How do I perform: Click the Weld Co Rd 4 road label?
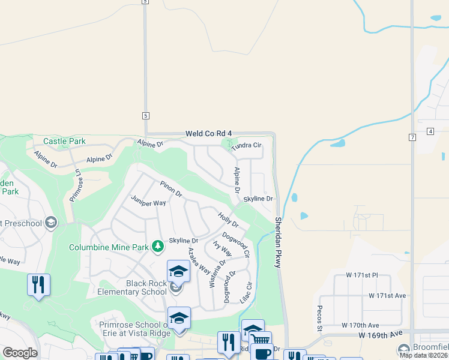[208, 133]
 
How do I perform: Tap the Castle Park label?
[64, 142]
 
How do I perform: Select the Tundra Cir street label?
[247, 145]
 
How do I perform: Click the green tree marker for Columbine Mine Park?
[158, 246]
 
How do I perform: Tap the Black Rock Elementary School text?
[146, 287]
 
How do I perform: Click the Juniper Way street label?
[148, 203]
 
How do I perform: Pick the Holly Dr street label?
[228, 220]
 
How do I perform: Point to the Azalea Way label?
[199, 262]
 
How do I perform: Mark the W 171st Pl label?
[362, 275]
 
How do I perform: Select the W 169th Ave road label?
[380, 337]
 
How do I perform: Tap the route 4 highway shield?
[430, 131]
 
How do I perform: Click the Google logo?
[20, 352]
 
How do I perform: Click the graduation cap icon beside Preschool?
[51, 223]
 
